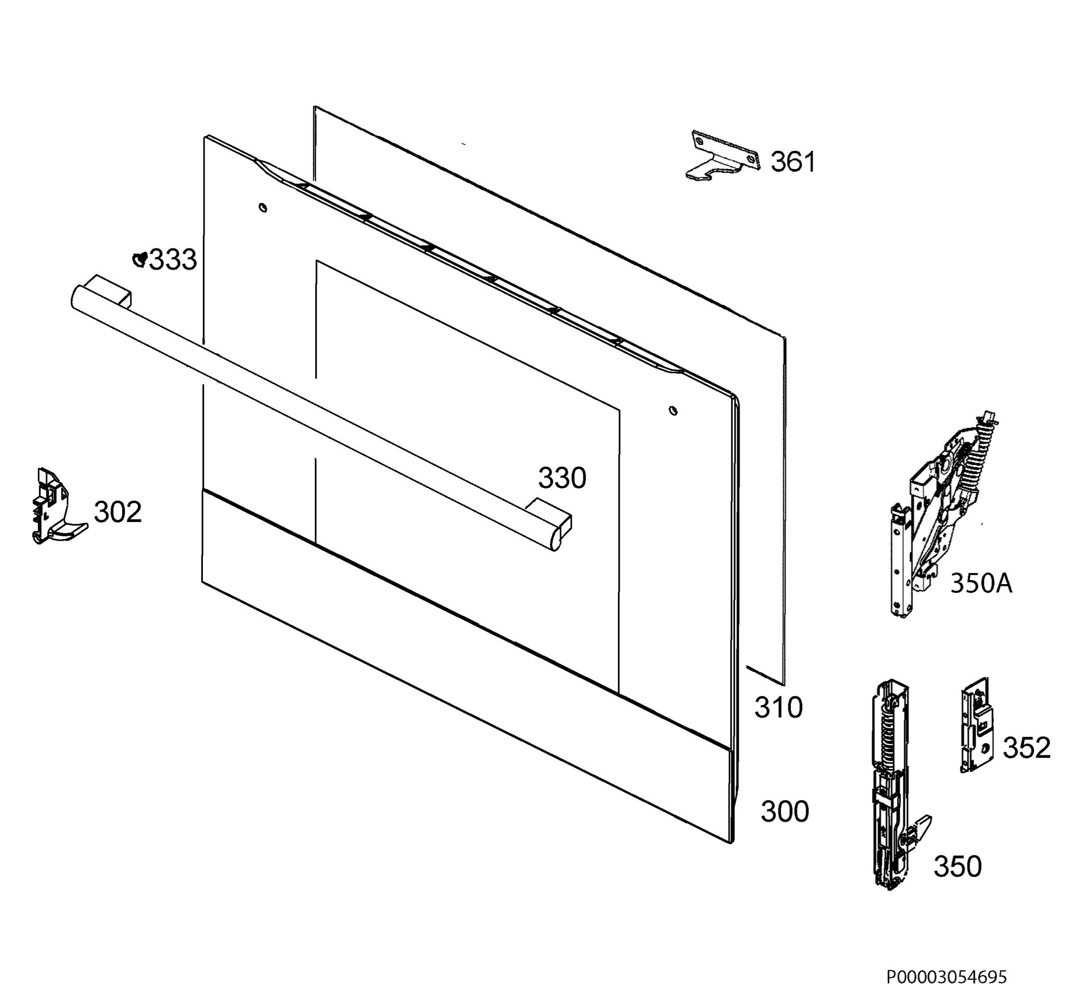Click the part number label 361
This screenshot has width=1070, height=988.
[x=793, y=161]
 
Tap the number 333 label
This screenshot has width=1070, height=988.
[x=173, y=260]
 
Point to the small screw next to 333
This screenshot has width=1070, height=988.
[x=140, y=259]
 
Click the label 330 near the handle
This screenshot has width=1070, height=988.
[x=562, y=478]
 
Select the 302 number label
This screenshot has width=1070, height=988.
[x=118, y=512]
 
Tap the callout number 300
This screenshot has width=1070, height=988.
[x=785, y=811]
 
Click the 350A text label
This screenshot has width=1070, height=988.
[x=981, y=583]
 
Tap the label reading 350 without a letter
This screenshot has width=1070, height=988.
[x=957, y=867]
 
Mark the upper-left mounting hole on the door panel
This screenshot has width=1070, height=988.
[x=263, y=207]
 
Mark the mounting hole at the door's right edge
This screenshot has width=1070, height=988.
[x=673, y=411]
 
